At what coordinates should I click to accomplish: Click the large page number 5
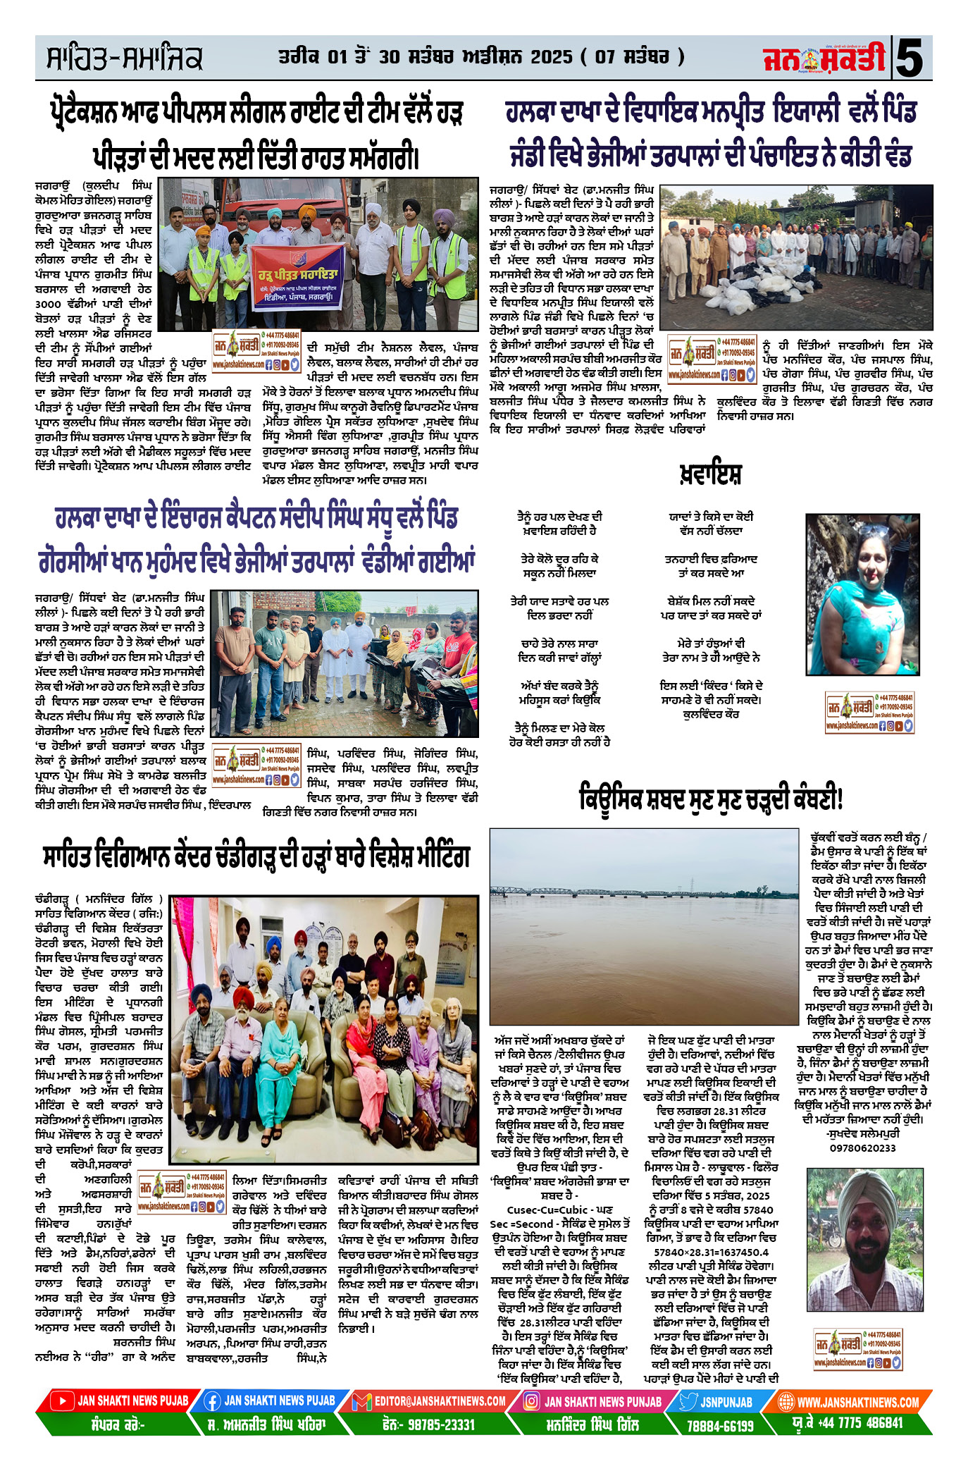pyautogui.click(x=912, y=59)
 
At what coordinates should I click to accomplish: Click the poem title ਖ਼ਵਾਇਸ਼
pyautogui.click(x=710, y=474)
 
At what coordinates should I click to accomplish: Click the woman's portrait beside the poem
pyautogui.click(x=863, y=593)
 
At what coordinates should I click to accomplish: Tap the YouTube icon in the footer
pyautogui.click(x=63, y=1401)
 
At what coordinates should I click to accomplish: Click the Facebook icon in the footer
pyautogui.click(x=211, y=1401)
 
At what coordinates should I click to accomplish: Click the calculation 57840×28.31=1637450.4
pyautogui.click(x=712, y=1252)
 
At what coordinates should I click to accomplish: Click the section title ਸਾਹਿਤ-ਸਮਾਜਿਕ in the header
pyautogui.click(x=125, y=59)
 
